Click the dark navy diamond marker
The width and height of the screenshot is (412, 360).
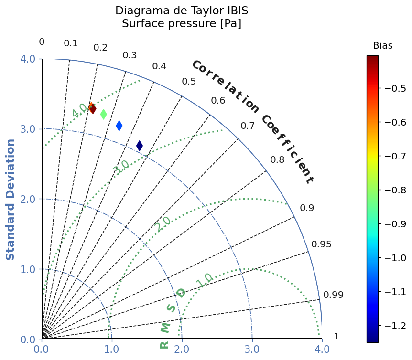[140, 146]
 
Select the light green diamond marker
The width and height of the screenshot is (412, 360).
[104, 114]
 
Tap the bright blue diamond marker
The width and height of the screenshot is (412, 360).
[119, 126]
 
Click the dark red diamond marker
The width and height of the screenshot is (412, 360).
[93, 109]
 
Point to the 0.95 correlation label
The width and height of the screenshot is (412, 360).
[321, 244]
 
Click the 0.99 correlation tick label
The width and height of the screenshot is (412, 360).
[333, 295]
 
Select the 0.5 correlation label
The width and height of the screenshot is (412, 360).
[189, 82]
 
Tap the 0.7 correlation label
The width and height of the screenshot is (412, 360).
[248, 126]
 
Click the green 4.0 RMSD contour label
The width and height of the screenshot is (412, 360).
[79, 111]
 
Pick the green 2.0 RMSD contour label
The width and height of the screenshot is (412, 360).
[163, 224]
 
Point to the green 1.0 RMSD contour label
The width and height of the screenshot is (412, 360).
[204, 280]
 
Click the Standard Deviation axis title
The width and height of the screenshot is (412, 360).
[10, 200]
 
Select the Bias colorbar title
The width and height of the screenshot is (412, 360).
[383, 46]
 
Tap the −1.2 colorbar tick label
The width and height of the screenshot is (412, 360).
[395, 326]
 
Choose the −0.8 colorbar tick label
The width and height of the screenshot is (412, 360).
[395, 190]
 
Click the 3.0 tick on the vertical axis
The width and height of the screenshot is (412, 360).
[28, 129]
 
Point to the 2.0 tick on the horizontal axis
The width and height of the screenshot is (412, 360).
[182, 349]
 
